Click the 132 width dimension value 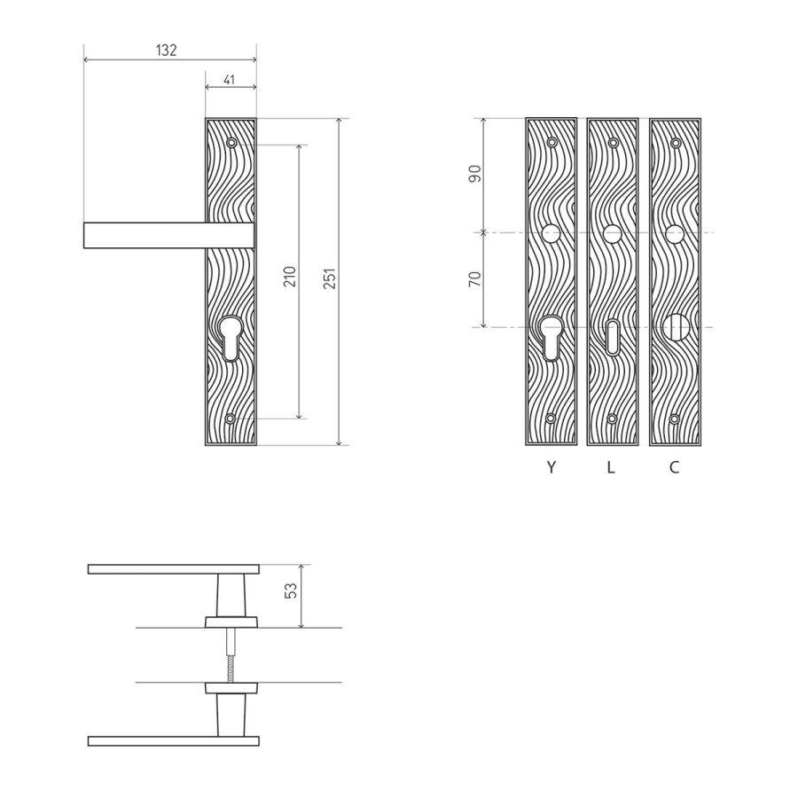click(x=166, y=50)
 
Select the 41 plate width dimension click(x=229, y=80)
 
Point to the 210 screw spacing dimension click(x=290, y=277)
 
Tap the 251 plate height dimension click(x=331, y=278)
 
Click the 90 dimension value click(x=475, y=174)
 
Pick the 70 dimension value click(x=475, y=279)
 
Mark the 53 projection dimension click(x=291, y=591)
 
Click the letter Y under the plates click(x=552, y=466)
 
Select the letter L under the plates click(x=611, y=466)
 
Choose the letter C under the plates click(x=675, y=466)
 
